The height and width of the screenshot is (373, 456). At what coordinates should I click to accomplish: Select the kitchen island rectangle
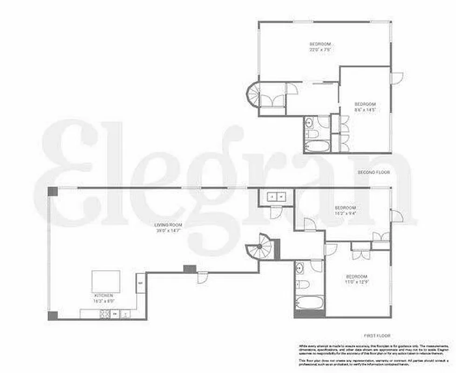[x=105, y=281]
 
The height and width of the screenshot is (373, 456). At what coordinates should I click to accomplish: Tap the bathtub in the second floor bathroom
[x=317, y=145]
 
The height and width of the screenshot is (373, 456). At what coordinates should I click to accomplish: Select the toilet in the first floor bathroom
[x=303, y=284]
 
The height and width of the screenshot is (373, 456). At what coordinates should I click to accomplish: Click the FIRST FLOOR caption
[x=378, y=335]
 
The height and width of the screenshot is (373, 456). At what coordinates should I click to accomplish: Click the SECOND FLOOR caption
[x=374, y=173]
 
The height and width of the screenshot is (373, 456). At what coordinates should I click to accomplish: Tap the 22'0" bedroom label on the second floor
[x=321, y=46]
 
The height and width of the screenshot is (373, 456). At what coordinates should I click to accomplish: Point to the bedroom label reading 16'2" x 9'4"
[x=346, y=210]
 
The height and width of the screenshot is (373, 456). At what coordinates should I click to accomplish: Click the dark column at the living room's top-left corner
[x=52, y=191]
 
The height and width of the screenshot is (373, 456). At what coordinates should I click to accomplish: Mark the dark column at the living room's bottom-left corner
[x=53, y=315]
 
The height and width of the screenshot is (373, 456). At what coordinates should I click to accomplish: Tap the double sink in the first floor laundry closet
[x=276, y=197]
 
